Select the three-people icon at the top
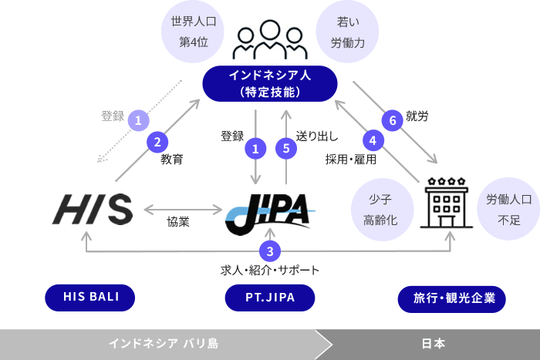(x=269, y=42)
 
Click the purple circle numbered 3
(x=269, y=251)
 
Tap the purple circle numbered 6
(x=393, y=119)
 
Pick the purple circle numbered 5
(x=286, y=148)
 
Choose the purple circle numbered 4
(x=373, y=141)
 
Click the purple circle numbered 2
(x=157, y=141)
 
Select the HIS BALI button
(x=89, y=296)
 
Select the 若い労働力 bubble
(x=346, y=32)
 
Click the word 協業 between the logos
(x=178, y=222)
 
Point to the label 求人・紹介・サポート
(x=269, y=271)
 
